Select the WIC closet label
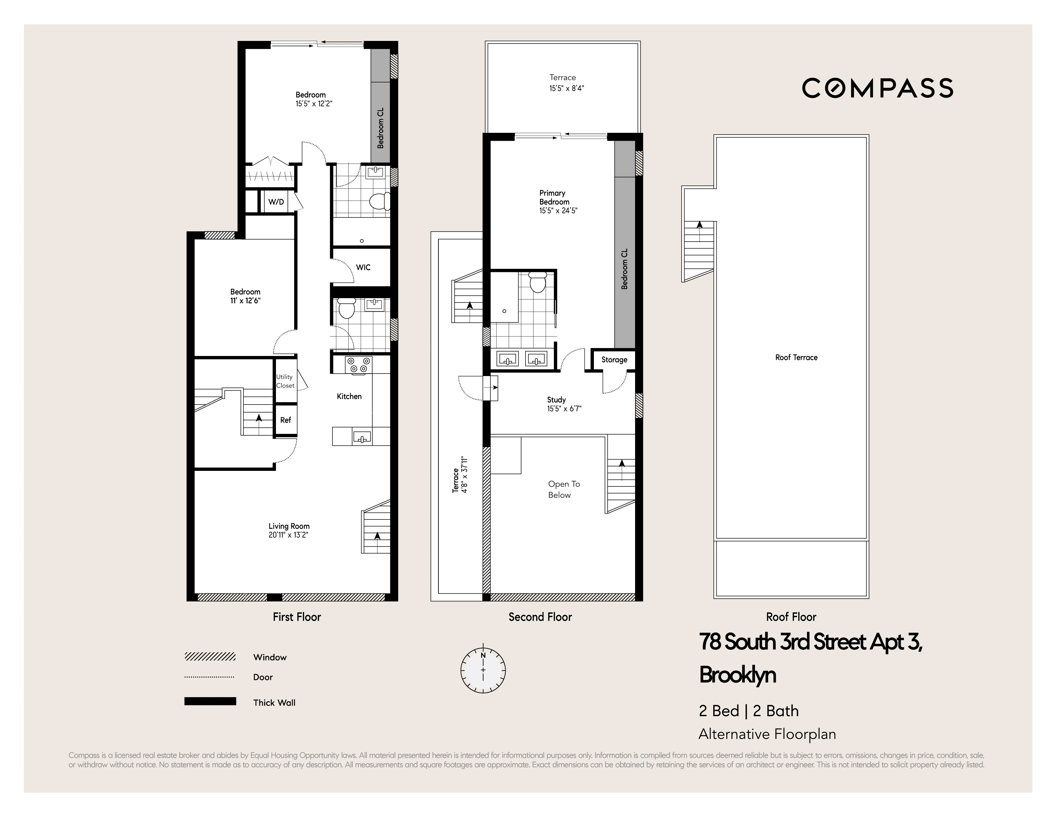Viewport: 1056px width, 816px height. point(363,267)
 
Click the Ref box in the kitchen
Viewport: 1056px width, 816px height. point(285,420)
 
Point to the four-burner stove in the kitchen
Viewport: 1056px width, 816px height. point(358,365)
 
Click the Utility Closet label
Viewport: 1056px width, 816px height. point(285,381)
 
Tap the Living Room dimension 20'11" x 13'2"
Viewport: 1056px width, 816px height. point(289,535)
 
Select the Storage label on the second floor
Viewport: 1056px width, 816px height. point(614,360)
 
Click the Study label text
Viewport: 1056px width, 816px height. point(556,400)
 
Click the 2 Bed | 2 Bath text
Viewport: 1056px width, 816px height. point(748,711)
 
